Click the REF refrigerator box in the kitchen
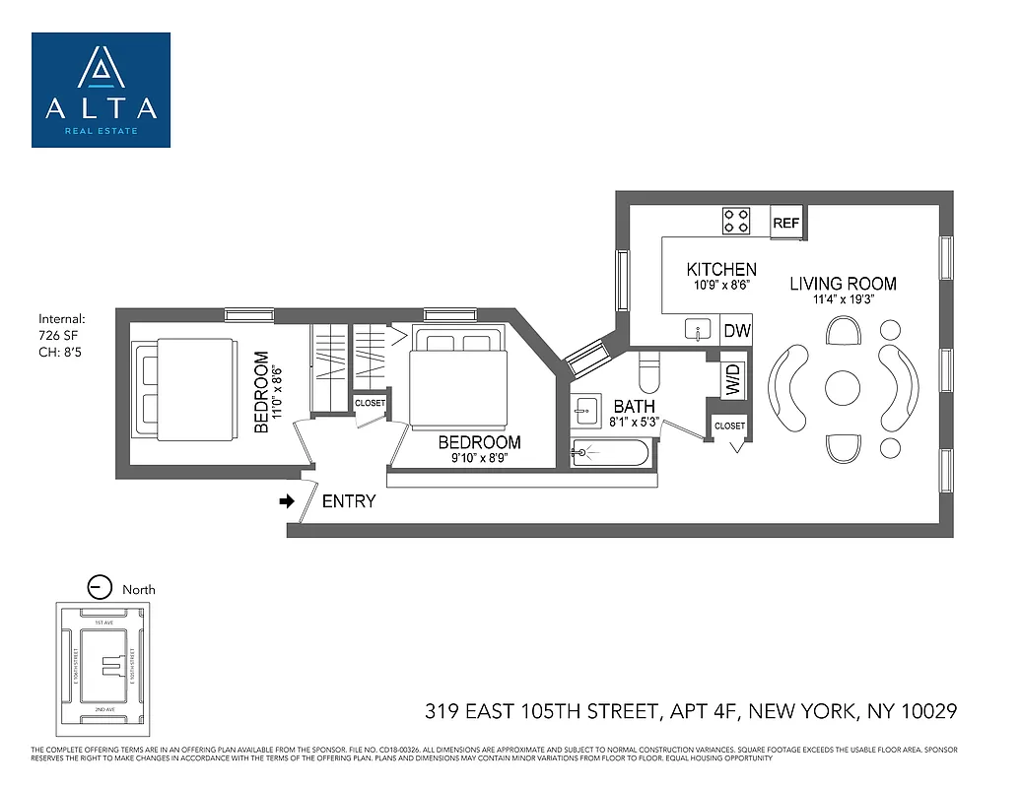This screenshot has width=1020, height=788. (x=785, y=224)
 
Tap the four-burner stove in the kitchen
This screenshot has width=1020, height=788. (x=736, y=221)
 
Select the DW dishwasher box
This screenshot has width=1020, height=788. (x=736, y=332)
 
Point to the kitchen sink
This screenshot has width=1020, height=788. (x=699, y=328)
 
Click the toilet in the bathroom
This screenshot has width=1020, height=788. (x=650, y=371)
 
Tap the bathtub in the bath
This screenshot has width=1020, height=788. (x=611, y=453)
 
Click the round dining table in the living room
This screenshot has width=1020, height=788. (x=843, y=387)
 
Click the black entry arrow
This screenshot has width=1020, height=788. (x=288, y=501)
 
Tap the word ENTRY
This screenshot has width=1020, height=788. (x=349, y=501)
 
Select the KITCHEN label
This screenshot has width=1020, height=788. (x=721, y=270)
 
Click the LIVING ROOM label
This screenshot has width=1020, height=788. (x=843, y=284)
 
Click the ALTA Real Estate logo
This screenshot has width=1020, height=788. (x=101, y=90)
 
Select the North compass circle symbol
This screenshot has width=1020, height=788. (x=100, y=588)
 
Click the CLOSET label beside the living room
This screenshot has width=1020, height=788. (x=729, y=426)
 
